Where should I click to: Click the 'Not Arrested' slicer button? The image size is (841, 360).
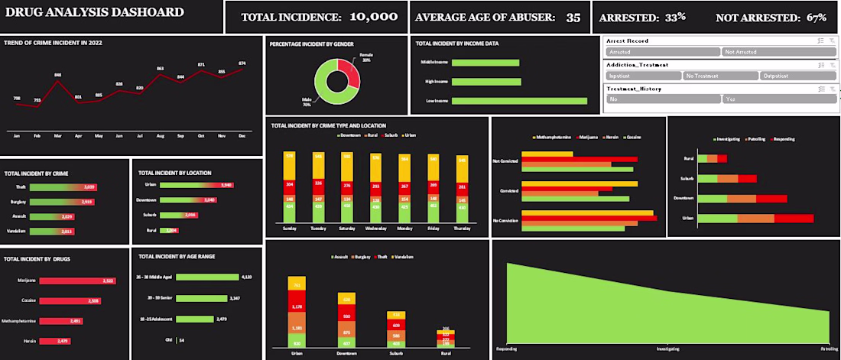pyautogui.click(x=773, y=52)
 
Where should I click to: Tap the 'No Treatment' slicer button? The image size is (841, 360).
pyautogui.click(x=720, y=76)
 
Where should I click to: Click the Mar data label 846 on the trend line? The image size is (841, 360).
pyautogui.click(x=58, y=75)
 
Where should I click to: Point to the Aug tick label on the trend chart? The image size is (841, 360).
pyautogui.click(x=160, y=135)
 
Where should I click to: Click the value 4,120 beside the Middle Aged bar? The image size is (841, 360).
pyautogui.click(x=246, y=277)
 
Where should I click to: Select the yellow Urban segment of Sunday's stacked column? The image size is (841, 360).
pyautogui.click(x=290, y=164)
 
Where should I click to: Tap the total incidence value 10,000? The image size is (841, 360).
pyautogui.click(x=373, y=16)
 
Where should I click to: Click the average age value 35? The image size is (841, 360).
pyautogui.click(x=573, y=17)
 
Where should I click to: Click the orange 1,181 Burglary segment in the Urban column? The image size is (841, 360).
pyautogui.click(x=296, y=329)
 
